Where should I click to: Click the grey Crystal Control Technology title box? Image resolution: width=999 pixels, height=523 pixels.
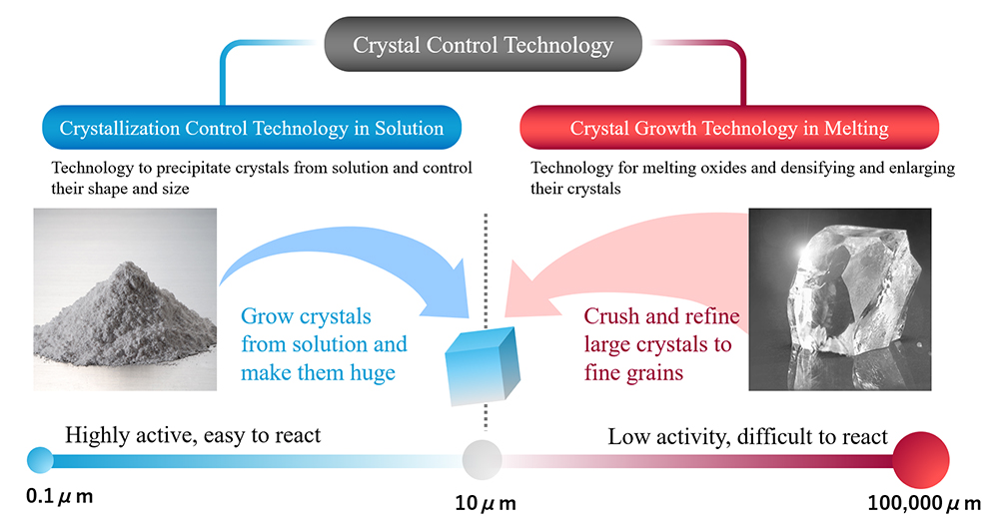click(483, 44)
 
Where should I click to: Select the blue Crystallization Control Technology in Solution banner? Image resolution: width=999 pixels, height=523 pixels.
click(252, 127)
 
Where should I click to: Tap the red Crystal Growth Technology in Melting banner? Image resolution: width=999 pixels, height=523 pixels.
click(729, 127)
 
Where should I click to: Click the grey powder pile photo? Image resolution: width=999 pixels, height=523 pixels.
click(125, 299)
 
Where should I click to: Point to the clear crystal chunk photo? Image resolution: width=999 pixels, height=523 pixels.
click(840, 299)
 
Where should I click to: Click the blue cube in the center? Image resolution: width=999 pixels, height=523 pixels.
click(483, 366)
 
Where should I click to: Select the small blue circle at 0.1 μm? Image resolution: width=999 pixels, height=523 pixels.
click(40, 460)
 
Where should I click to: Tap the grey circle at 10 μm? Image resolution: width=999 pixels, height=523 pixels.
click(482, 459)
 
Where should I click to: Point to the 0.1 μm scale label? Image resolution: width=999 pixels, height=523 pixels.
click(59, 496)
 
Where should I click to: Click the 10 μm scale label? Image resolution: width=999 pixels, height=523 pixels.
click(486, 503)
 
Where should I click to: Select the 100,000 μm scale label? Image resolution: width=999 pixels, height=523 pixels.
click(924, 503)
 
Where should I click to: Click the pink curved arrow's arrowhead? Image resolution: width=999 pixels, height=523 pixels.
click(526, 289)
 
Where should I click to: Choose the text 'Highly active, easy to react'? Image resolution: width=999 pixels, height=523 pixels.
click(193, 435)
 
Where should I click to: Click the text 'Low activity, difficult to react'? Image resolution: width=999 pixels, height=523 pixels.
click(747, 436)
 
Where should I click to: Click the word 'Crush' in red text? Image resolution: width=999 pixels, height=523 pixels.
click(611, 315)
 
